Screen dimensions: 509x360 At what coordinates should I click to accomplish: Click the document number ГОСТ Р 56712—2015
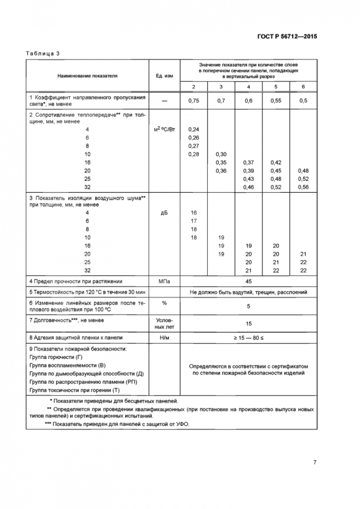(x=287, y=36)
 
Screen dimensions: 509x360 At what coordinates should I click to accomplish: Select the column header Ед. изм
(x=163, y=75)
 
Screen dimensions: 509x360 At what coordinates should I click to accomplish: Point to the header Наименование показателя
(x=87, y=75)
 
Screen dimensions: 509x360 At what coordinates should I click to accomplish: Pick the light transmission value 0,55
(x=276, y=101)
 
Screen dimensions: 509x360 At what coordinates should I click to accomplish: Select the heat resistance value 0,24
(x=194, y=130)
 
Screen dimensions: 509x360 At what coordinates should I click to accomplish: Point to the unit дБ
(x=163, y=213)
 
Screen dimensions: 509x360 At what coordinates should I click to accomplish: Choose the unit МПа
(x=163, y=282)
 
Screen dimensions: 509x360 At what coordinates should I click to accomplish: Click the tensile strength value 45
(x=248, y=282)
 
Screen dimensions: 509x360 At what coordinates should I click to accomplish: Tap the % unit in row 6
(x=163, y=303)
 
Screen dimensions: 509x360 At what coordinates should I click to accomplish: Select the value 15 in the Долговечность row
(x=248, y=323)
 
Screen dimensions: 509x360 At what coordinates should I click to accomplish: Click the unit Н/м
(x=163, y=337)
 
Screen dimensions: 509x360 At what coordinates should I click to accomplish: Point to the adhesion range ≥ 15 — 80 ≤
(x=248, y=337)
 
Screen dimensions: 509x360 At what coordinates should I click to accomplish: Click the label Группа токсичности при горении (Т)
(x=75, y=390)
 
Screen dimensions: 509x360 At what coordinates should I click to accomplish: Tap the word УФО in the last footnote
(x=184, y=424)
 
